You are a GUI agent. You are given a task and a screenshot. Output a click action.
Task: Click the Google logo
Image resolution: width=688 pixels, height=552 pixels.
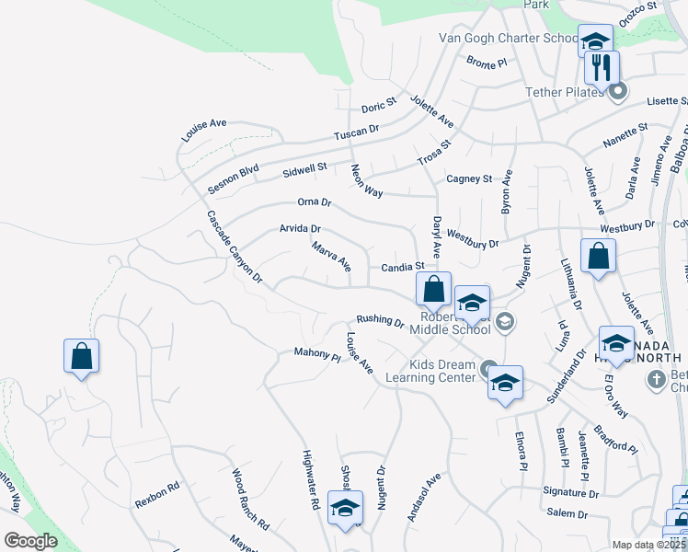coord(31,541)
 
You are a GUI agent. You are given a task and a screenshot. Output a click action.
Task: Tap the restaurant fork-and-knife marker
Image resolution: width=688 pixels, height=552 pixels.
coord(602,68)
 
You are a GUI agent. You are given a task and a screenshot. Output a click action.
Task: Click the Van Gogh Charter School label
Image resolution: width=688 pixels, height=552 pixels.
coord(508,39)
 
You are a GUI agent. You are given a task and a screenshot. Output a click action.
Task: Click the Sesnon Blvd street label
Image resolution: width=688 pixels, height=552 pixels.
coord(233,178)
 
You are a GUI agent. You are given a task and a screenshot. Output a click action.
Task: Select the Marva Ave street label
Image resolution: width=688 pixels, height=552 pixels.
coord(331,258)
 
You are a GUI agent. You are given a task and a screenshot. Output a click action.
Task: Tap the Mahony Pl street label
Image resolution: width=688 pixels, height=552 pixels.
coord(317,352)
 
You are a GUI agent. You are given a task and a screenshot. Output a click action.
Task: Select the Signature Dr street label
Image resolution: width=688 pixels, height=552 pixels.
coord(570,493)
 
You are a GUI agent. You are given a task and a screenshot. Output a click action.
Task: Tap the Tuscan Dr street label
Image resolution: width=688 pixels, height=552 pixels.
coord(357,133)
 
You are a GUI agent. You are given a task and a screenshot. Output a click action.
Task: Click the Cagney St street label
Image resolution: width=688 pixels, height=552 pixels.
coord(469,178)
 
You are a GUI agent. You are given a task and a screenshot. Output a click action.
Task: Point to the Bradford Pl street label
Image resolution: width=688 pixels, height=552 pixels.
coord(614,440)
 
